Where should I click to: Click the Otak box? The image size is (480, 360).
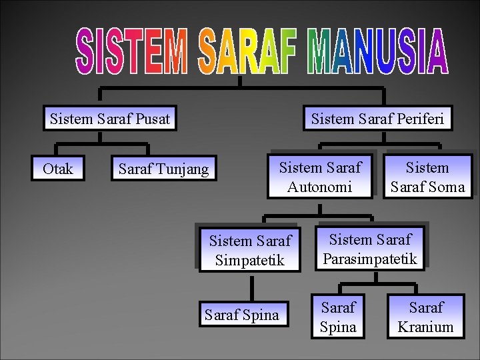click(58, 169)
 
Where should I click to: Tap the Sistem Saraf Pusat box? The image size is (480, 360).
click(110, 119)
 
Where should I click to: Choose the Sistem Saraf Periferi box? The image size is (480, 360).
click(377, 119)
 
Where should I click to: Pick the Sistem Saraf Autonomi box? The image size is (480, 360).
click(320, 177)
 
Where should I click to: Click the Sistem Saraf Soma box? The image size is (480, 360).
click(427, 177)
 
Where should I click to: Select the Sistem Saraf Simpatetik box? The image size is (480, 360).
click(250, 250)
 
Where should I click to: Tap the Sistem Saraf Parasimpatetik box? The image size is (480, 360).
click(370, 249)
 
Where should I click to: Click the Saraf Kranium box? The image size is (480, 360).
click(425, 317)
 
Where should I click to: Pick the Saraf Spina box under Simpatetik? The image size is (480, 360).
click(242, 315)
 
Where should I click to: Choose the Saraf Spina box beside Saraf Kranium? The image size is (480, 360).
click(338, 317)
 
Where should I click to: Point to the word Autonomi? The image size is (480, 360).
click(320, 187)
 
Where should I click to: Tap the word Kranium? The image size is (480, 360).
click(425, 327)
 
